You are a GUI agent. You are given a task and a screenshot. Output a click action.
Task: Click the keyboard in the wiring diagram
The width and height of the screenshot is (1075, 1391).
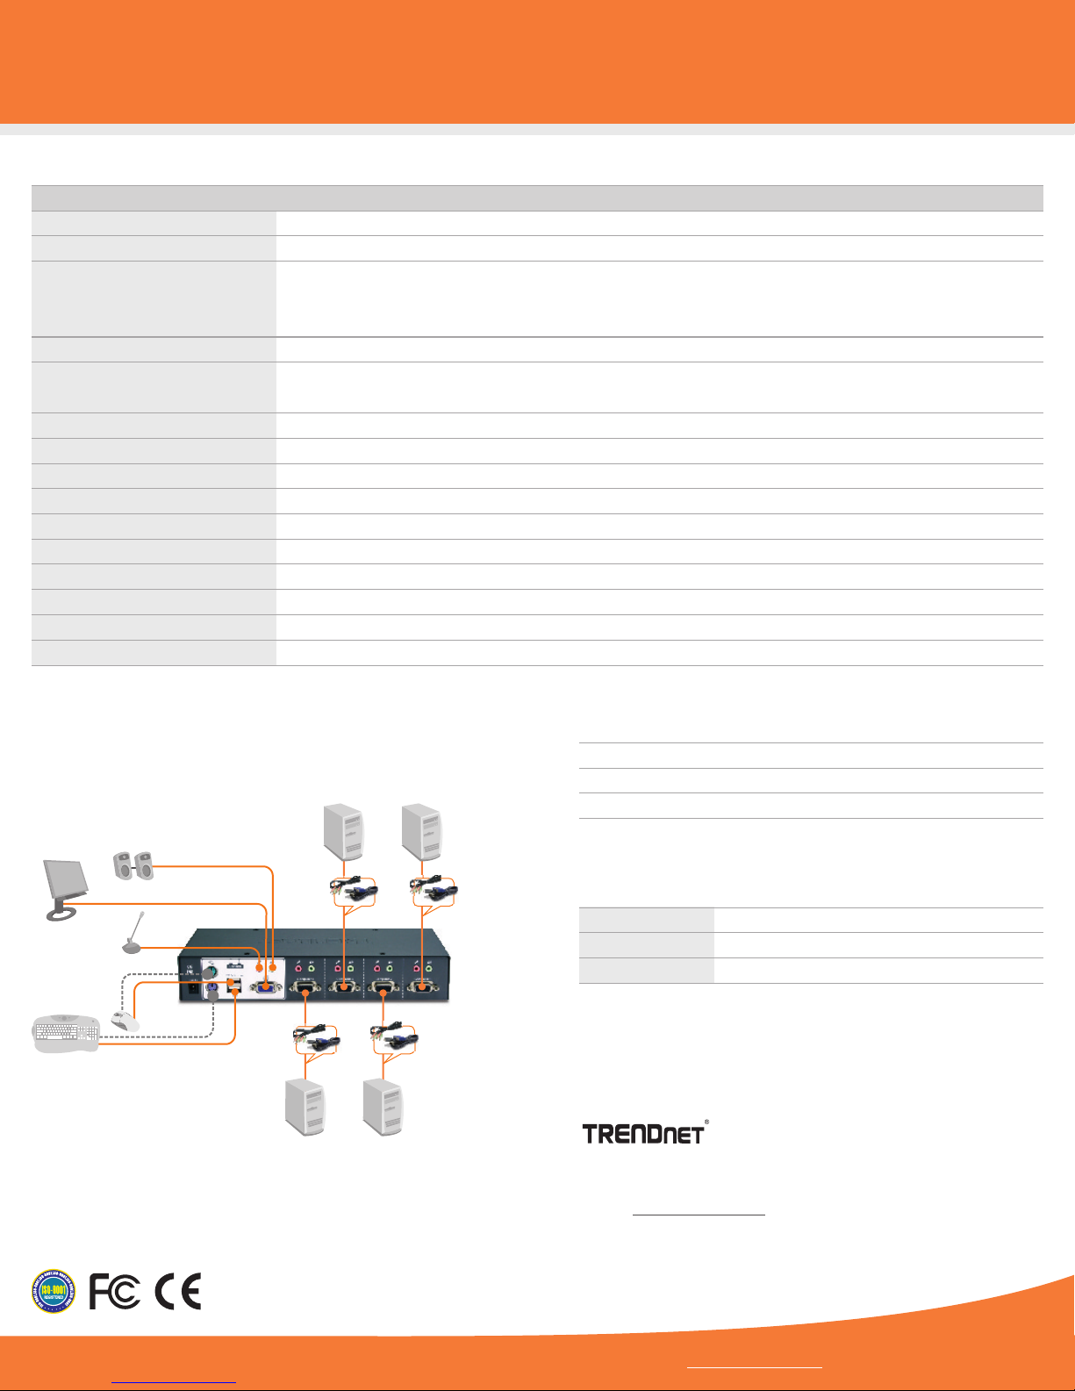67,1036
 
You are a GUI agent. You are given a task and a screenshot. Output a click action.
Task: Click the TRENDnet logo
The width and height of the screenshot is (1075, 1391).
643,1133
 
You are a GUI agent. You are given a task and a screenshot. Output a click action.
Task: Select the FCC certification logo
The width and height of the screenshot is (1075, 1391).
115,1292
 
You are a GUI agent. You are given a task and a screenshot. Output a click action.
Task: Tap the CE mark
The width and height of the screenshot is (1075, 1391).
178,1292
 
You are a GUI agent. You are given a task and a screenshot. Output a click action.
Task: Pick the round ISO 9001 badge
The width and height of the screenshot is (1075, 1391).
54,1292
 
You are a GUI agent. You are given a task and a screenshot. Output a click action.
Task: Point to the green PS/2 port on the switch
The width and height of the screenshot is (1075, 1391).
211,972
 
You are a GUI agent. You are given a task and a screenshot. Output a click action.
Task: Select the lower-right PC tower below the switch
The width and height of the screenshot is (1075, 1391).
383,1108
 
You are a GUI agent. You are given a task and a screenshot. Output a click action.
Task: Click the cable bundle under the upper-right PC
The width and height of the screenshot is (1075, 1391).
435,891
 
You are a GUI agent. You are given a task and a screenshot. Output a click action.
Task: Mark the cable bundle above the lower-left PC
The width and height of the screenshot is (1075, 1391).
316,1039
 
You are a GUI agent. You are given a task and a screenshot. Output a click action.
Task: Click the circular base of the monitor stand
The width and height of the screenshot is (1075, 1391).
62,914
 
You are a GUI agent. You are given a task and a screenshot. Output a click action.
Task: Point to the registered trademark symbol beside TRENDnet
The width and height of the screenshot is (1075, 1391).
707,1122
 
